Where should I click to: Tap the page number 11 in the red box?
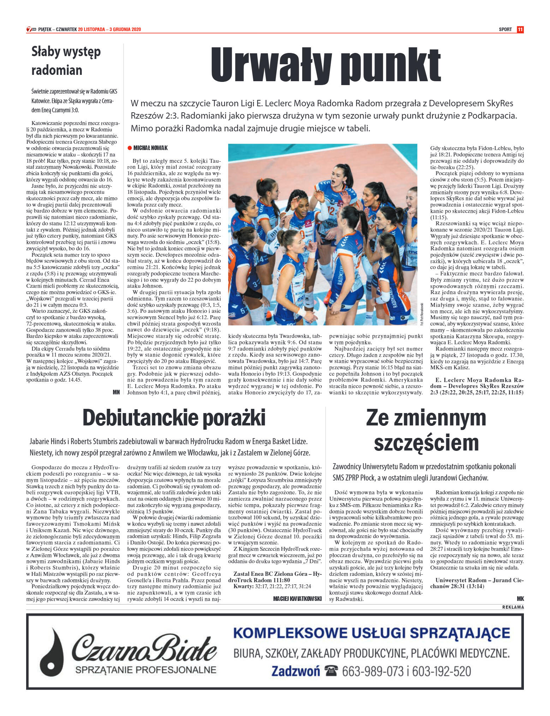point(520,29)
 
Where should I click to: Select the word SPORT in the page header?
point(505,29)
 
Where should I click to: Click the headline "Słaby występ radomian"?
point(66,61)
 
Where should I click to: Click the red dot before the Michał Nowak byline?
point(130,148)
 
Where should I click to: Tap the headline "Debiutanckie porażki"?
point(174,418)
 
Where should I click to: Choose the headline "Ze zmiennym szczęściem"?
point(426,430)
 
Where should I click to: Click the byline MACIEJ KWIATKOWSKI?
point(297,598)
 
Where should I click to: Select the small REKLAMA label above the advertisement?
point(513,607)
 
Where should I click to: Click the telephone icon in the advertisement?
point(331,670)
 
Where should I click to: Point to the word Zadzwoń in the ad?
point(295,671)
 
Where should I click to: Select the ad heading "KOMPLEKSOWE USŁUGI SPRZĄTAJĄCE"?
point(371,633)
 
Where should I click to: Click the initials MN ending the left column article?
point(116,392)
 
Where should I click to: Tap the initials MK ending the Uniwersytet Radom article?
point(520,598)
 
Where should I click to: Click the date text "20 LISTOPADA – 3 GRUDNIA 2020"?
point(109,29)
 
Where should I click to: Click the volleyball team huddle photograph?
point(322,234)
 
